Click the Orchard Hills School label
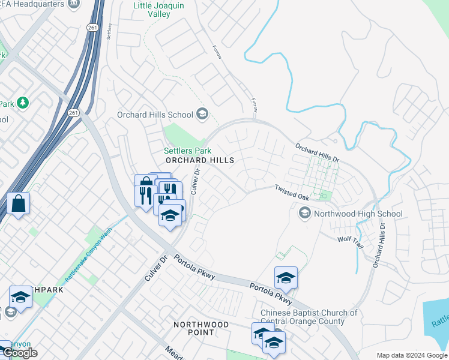click(155, 115)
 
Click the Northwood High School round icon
click(305, 213)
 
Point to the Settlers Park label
click(187, 150)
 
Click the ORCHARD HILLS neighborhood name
click(199, 161)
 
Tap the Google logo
click(20, 353)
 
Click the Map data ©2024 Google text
click(412, 355)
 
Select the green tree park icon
click(23, 103)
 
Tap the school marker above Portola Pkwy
click(286, 278)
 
